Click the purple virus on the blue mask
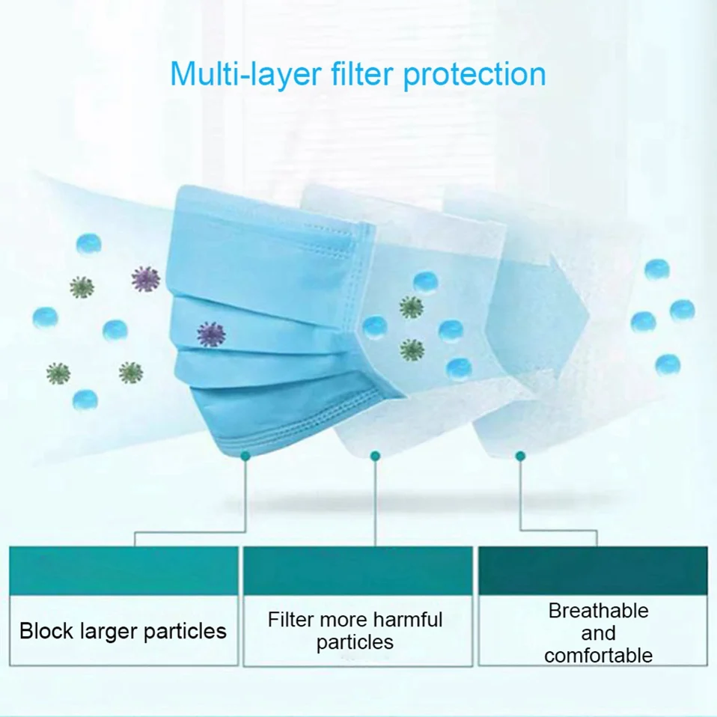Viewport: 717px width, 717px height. point(211,334)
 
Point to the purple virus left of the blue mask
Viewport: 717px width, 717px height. point(146,279)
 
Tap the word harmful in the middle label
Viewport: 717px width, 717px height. point(400,620)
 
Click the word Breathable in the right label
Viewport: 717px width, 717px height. point(598,611)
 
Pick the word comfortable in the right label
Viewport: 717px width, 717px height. point(598,656)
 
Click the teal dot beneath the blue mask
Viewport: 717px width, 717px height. point(245,454)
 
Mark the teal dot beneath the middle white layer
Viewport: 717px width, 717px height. point(374,454)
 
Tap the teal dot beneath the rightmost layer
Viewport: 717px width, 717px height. point(520,454)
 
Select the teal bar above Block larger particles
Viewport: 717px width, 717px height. point(123,570)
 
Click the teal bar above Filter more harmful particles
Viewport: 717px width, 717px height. point(358,570)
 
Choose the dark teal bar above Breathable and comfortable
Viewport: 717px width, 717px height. point(592,570)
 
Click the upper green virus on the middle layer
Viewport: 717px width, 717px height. point(410,307)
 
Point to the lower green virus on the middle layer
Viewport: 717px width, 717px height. point(411,350)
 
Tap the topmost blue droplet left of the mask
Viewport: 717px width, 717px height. point(88,243)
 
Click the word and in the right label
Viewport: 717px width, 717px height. point(598,634)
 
